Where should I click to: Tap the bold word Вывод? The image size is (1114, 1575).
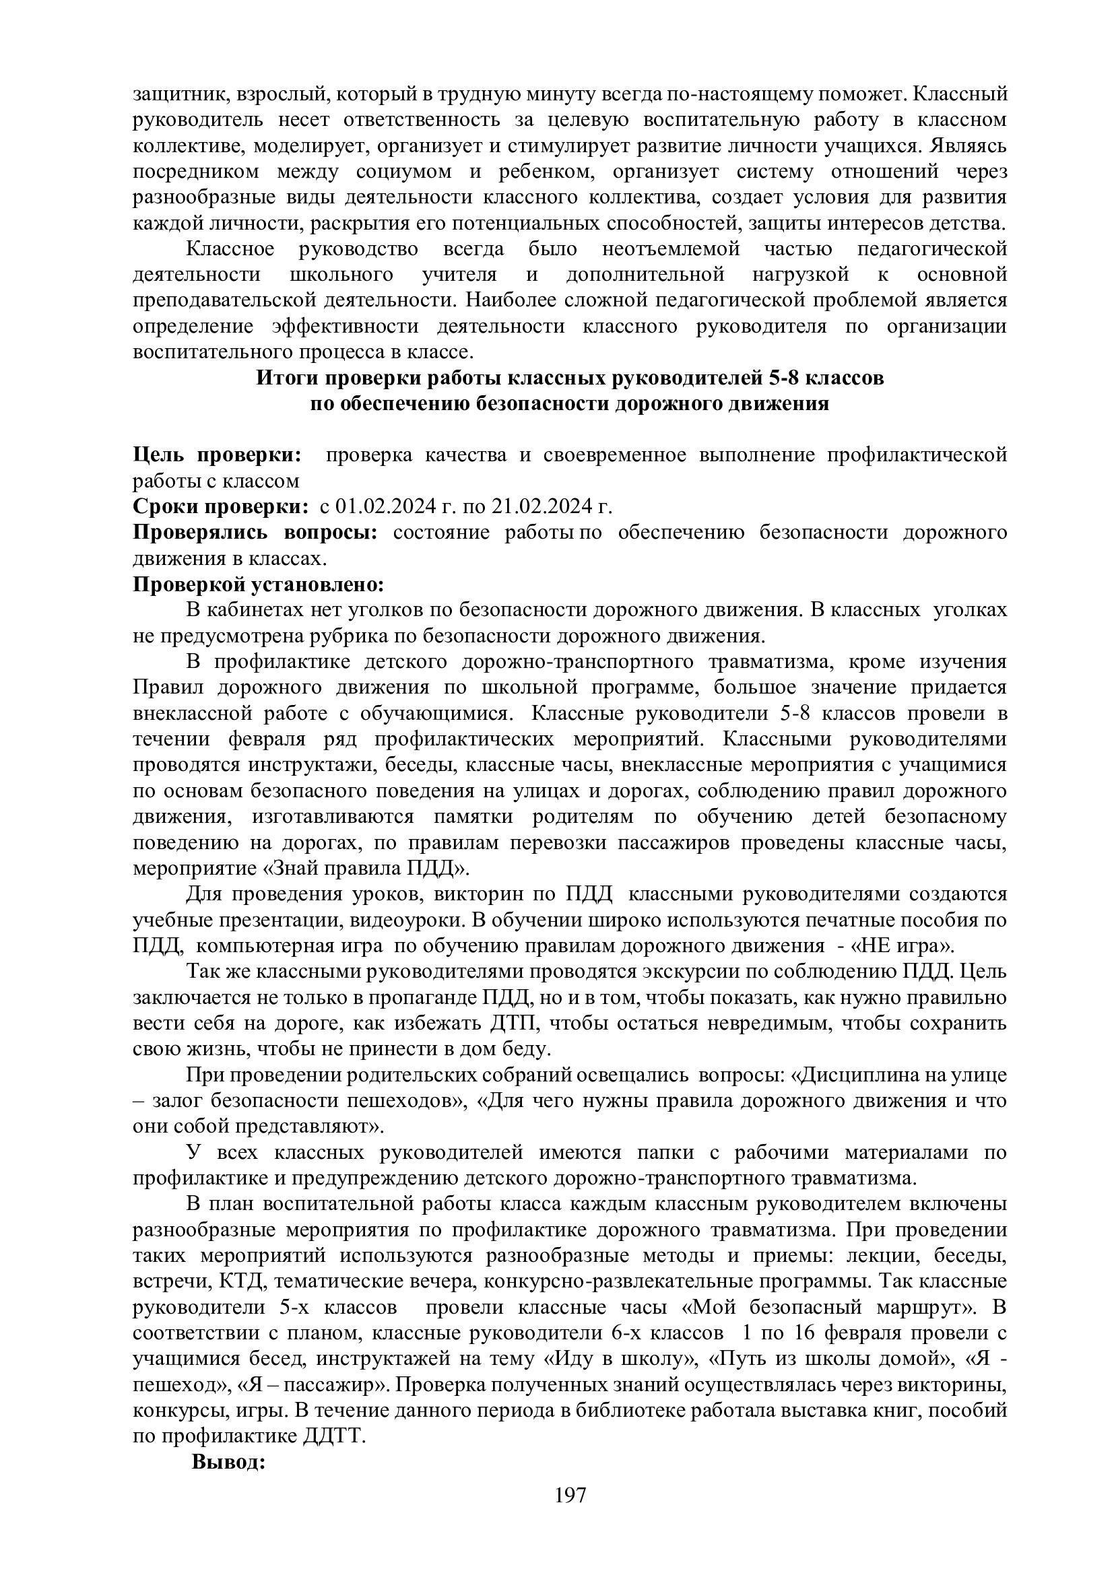click(x=228, y=1462)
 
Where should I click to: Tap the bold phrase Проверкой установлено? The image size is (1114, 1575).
click(x=258, y=584)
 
